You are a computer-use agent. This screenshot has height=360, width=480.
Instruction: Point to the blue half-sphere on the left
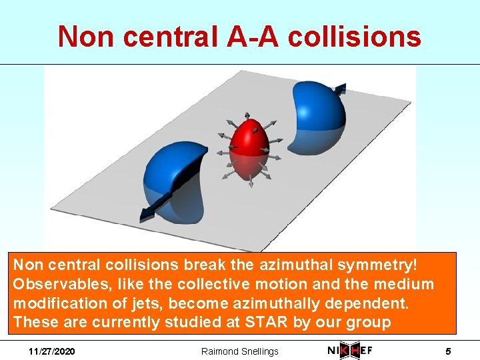point(170,180)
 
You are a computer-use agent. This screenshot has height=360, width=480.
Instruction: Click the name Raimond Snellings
point(240,351)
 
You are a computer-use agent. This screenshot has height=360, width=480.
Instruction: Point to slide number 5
point(449,351)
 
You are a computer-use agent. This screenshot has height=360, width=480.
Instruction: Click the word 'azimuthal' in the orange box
point(302,265)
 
